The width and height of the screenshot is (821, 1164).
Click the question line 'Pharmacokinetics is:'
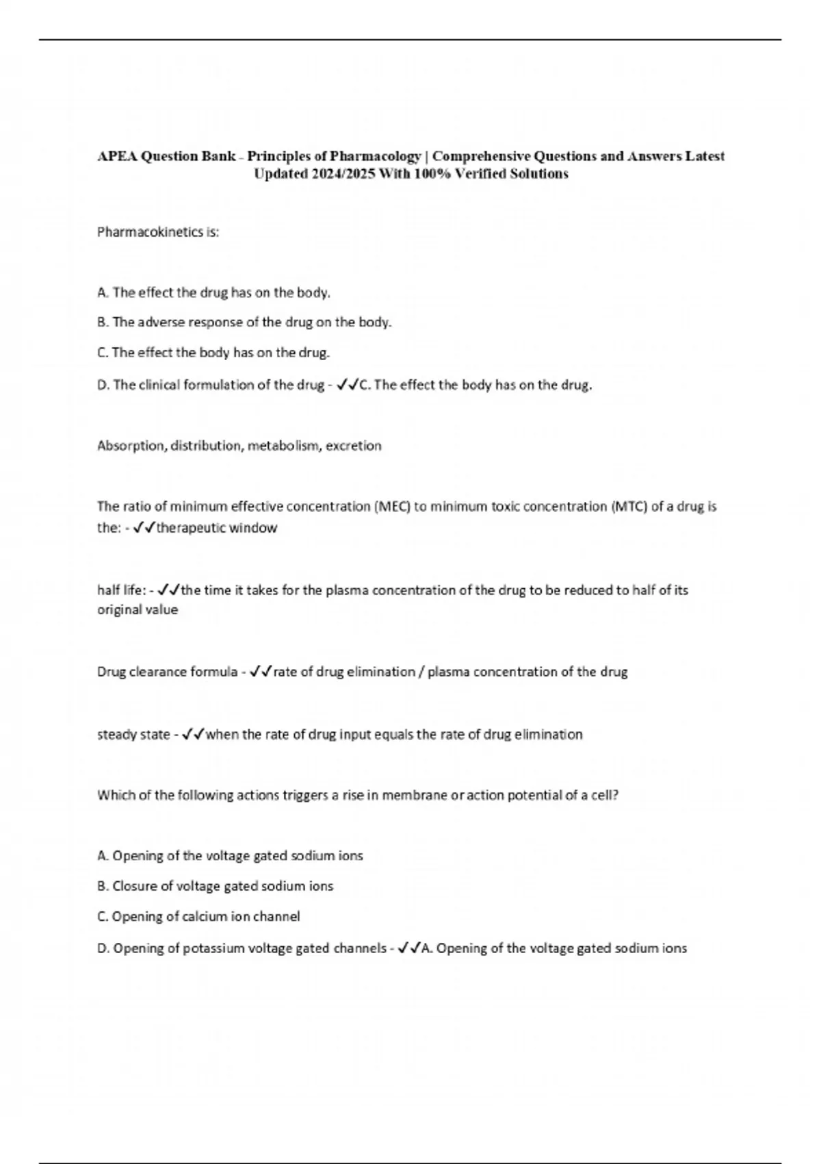tap(158, 232)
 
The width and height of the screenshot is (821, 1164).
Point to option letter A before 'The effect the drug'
tap(103, 293)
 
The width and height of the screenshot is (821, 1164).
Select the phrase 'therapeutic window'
tap(217, 528)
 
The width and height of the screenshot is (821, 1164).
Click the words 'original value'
tap(138, 610)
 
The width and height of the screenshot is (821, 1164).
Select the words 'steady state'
tap(133, 735)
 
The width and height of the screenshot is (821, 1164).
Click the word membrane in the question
tap(414, 796)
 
